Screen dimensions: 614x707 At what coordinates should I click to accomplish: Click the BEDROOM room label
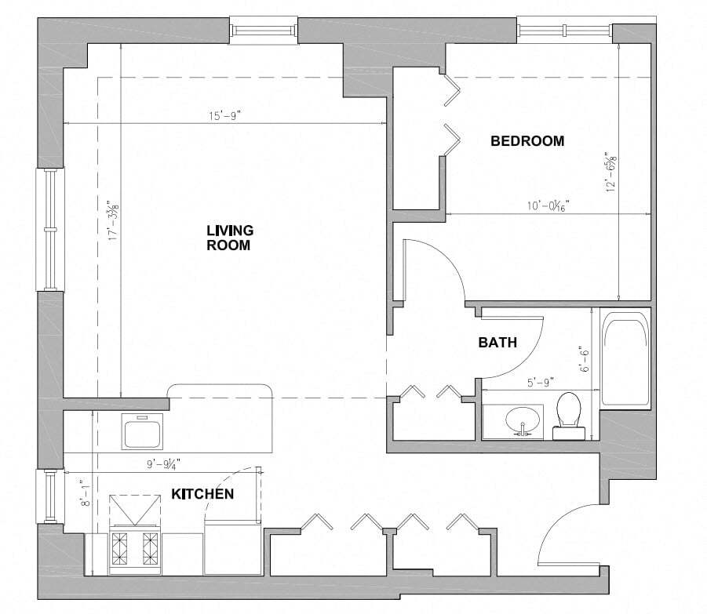point(527,141)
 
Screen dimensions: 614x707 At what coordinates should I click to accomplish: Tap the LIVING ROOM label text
point(229,237)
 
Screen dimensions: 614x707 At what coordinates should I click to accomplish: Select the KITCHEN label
point(202,494)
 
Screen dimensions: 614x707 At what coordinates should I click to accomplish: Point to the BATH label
point(498,342)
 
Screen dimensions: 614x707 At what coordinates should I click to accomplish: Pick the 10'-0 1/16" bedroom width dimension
point(547,205)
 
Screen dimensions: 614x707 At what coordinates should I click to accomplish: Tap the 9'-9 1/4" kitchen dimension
point(161,463)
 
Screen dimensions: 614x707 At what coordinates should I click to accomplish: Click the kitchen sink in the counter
point(143,431)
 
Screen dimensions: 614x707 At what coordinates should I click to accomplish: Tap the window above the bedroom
point(563,32)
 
